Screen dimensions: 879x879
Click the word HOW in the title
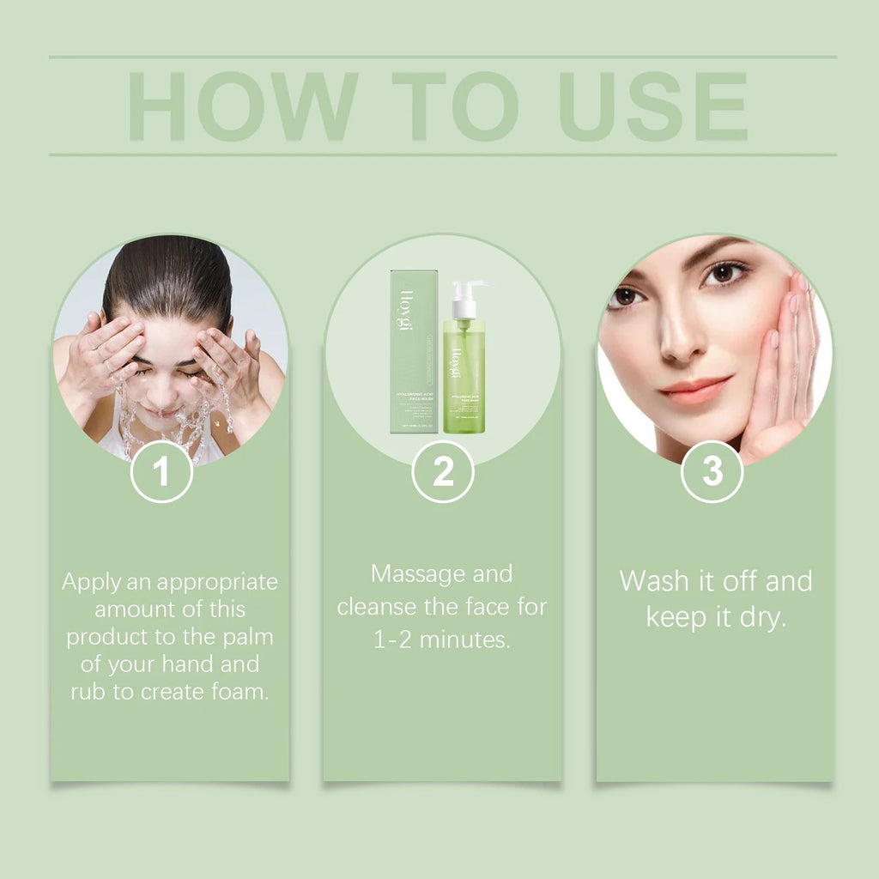243,106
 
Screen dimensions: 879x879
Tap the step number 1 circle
161,471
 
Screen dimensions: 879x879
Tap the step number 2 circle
443,471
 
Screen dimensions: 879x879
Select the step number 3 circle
712,471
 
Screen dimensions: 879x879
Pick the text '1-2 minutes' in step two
442,640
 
